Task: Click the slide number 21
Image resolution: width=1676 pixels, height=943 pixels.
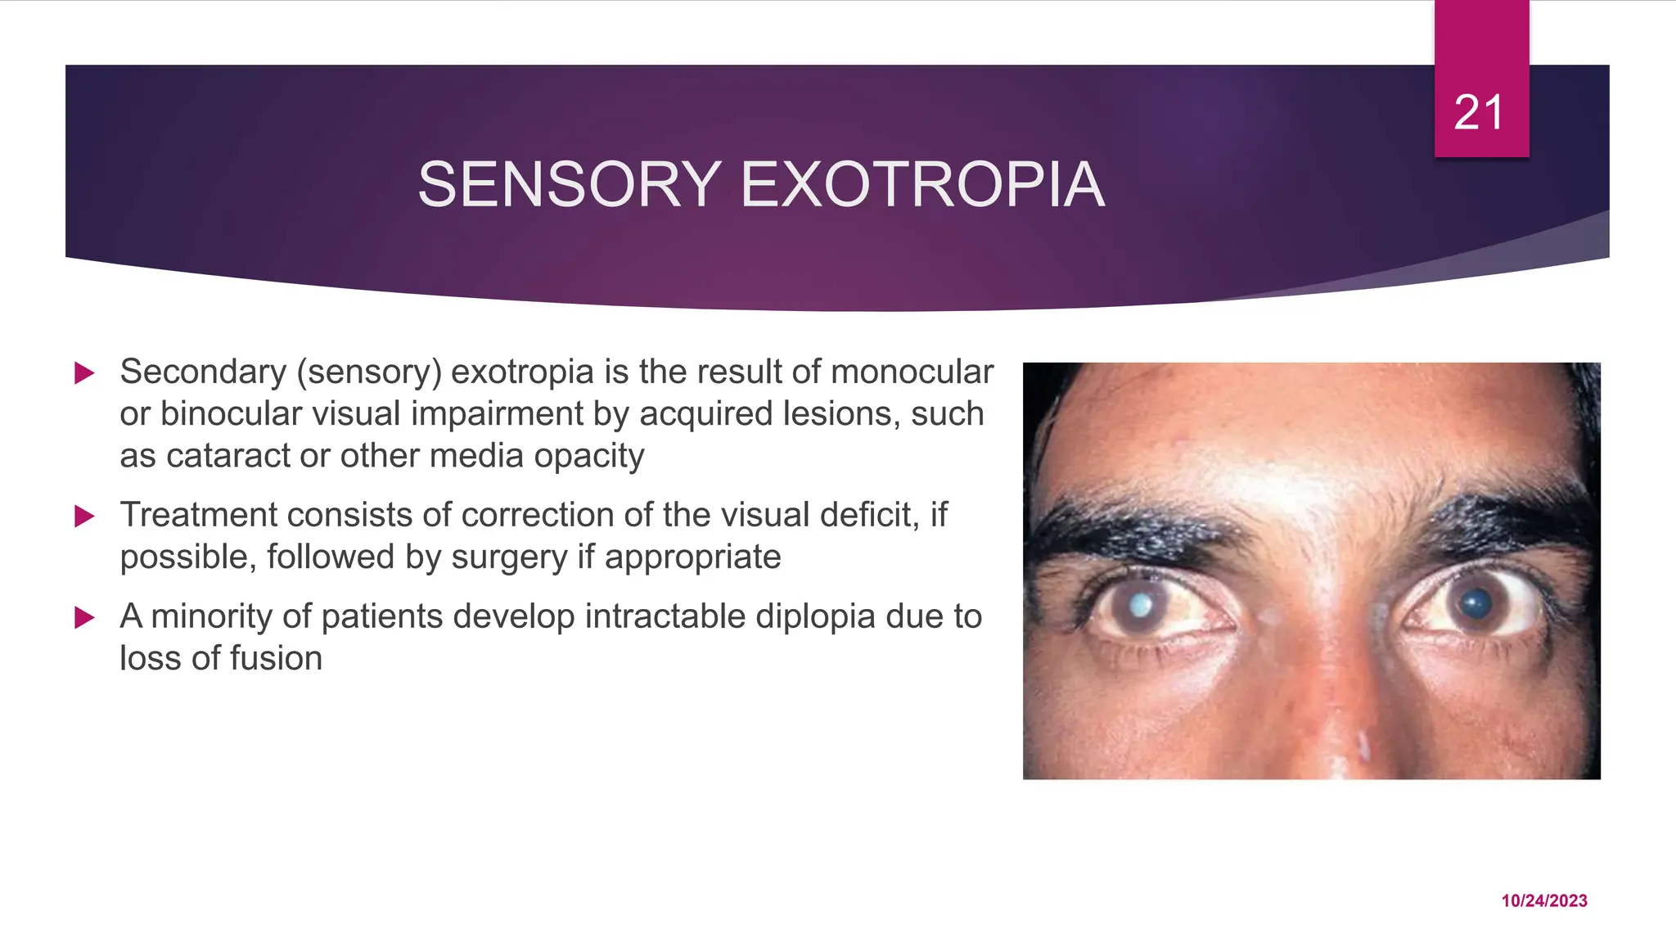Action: (x=1479, y=112)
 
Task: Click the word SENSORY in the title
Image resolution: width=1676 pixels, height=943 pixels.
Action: (x=570, y=185)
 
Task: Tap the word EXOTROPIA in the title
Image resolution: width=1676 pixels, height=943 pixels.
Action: (x=922, y=185)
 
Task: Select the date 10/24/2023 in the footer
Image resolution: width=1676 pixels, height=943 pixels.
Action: (x=1543, y=900)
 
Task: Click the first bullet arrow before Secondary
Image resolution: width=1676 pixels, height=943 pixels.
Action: (x=84, y=373)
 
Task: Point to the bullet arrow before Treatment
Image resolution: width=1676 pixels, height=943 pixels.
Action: (x=84, y=517)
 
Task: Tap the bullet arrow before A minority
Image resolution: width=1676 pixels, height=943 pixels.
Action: (x=84, y=617)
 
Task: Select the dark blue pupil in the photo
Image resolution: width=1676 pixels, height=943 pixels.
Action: (x=1476, y=604)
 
